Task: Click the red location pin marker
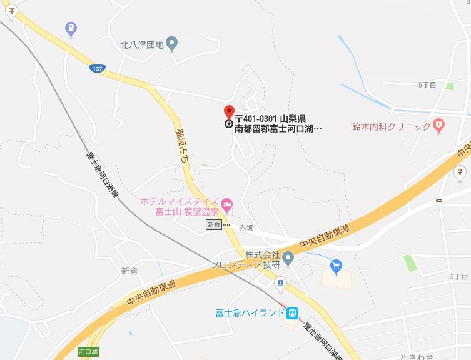[229, 112]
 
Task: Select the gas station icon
[71, 28]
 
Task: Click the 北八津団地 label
[142, 44]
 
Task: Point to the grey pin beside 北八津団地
[173, 43]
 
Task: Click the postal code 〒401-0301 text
[255, 118]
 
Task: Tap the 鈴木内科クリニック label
[392, 126]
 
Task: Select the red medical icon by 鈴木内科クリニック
[440, 126]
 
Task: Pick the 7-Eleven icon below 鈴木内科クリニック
[460, 169]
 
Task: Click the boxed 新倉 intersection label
[214, 225]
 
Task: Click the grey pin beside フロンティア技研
[288, 257]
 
